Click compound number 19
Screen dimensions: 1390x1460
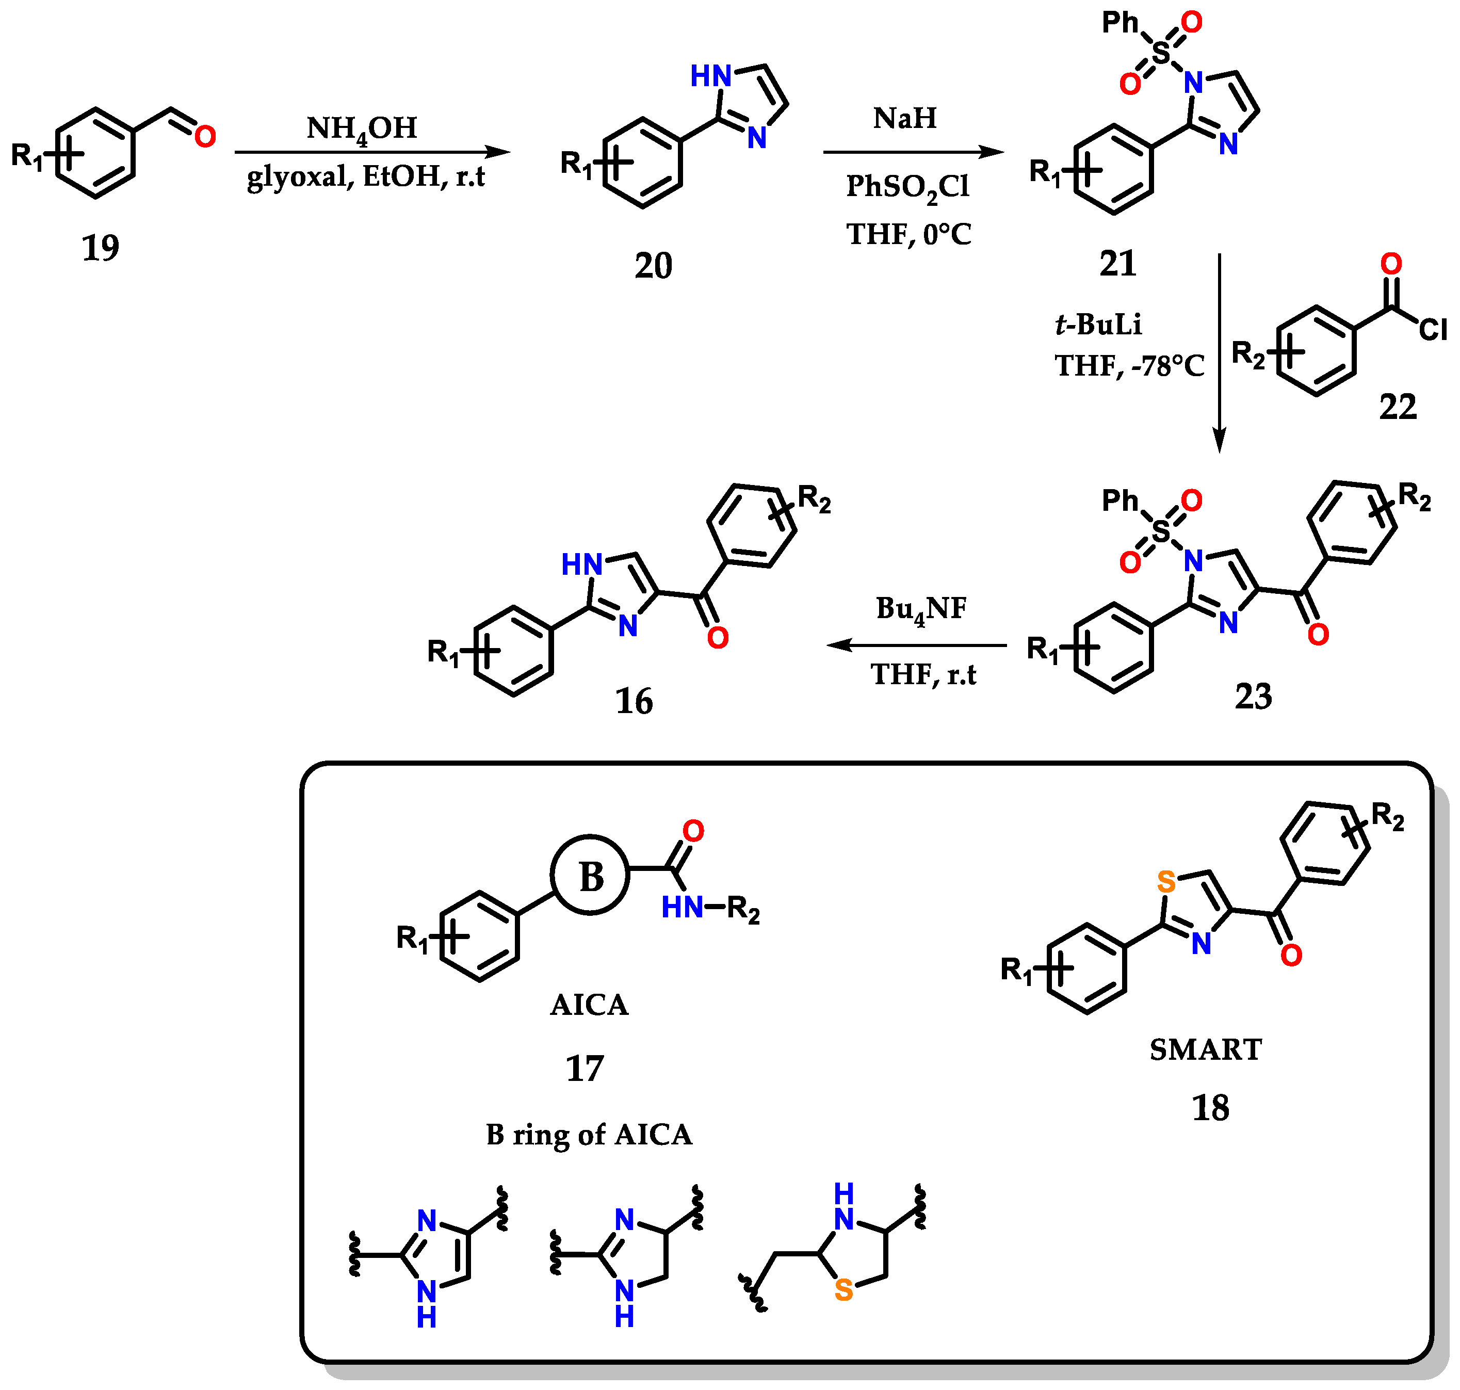(x=100, y=248)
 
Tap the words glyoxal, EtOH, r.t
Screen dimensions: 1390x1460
(x=366, y=176)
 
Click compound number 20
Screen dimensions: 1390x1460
(x=653, y=265)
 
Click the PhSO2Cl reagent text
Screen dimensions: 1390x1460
(x=907, y=187)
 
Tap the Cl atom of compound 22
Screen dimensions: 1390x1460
(x=1432, y=330)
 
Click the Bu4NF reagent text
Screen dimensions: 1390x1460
(x=921, y=609)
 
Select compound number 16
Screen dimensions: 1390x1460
(x=634, y=701)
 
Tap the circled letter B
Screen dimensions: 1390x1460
(x=590, y=877)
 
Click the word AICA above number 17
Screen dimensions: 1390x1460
(x=589, y=1005)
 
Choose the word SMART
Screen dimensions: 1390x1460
(x=1205, y=1050)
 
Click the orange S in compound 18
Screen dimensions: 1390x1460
(x=1166, y=882)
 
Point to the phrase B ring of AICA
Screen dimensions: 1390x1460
(x=589, y=1135)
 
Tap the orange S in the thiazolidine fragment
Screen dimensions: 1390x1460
(x=843, y=1290)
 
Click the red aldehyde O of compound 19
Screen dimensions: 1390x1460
(x=205, y=136)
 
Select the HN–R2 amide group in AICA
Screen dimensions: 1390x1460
(x=710, y=908)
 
